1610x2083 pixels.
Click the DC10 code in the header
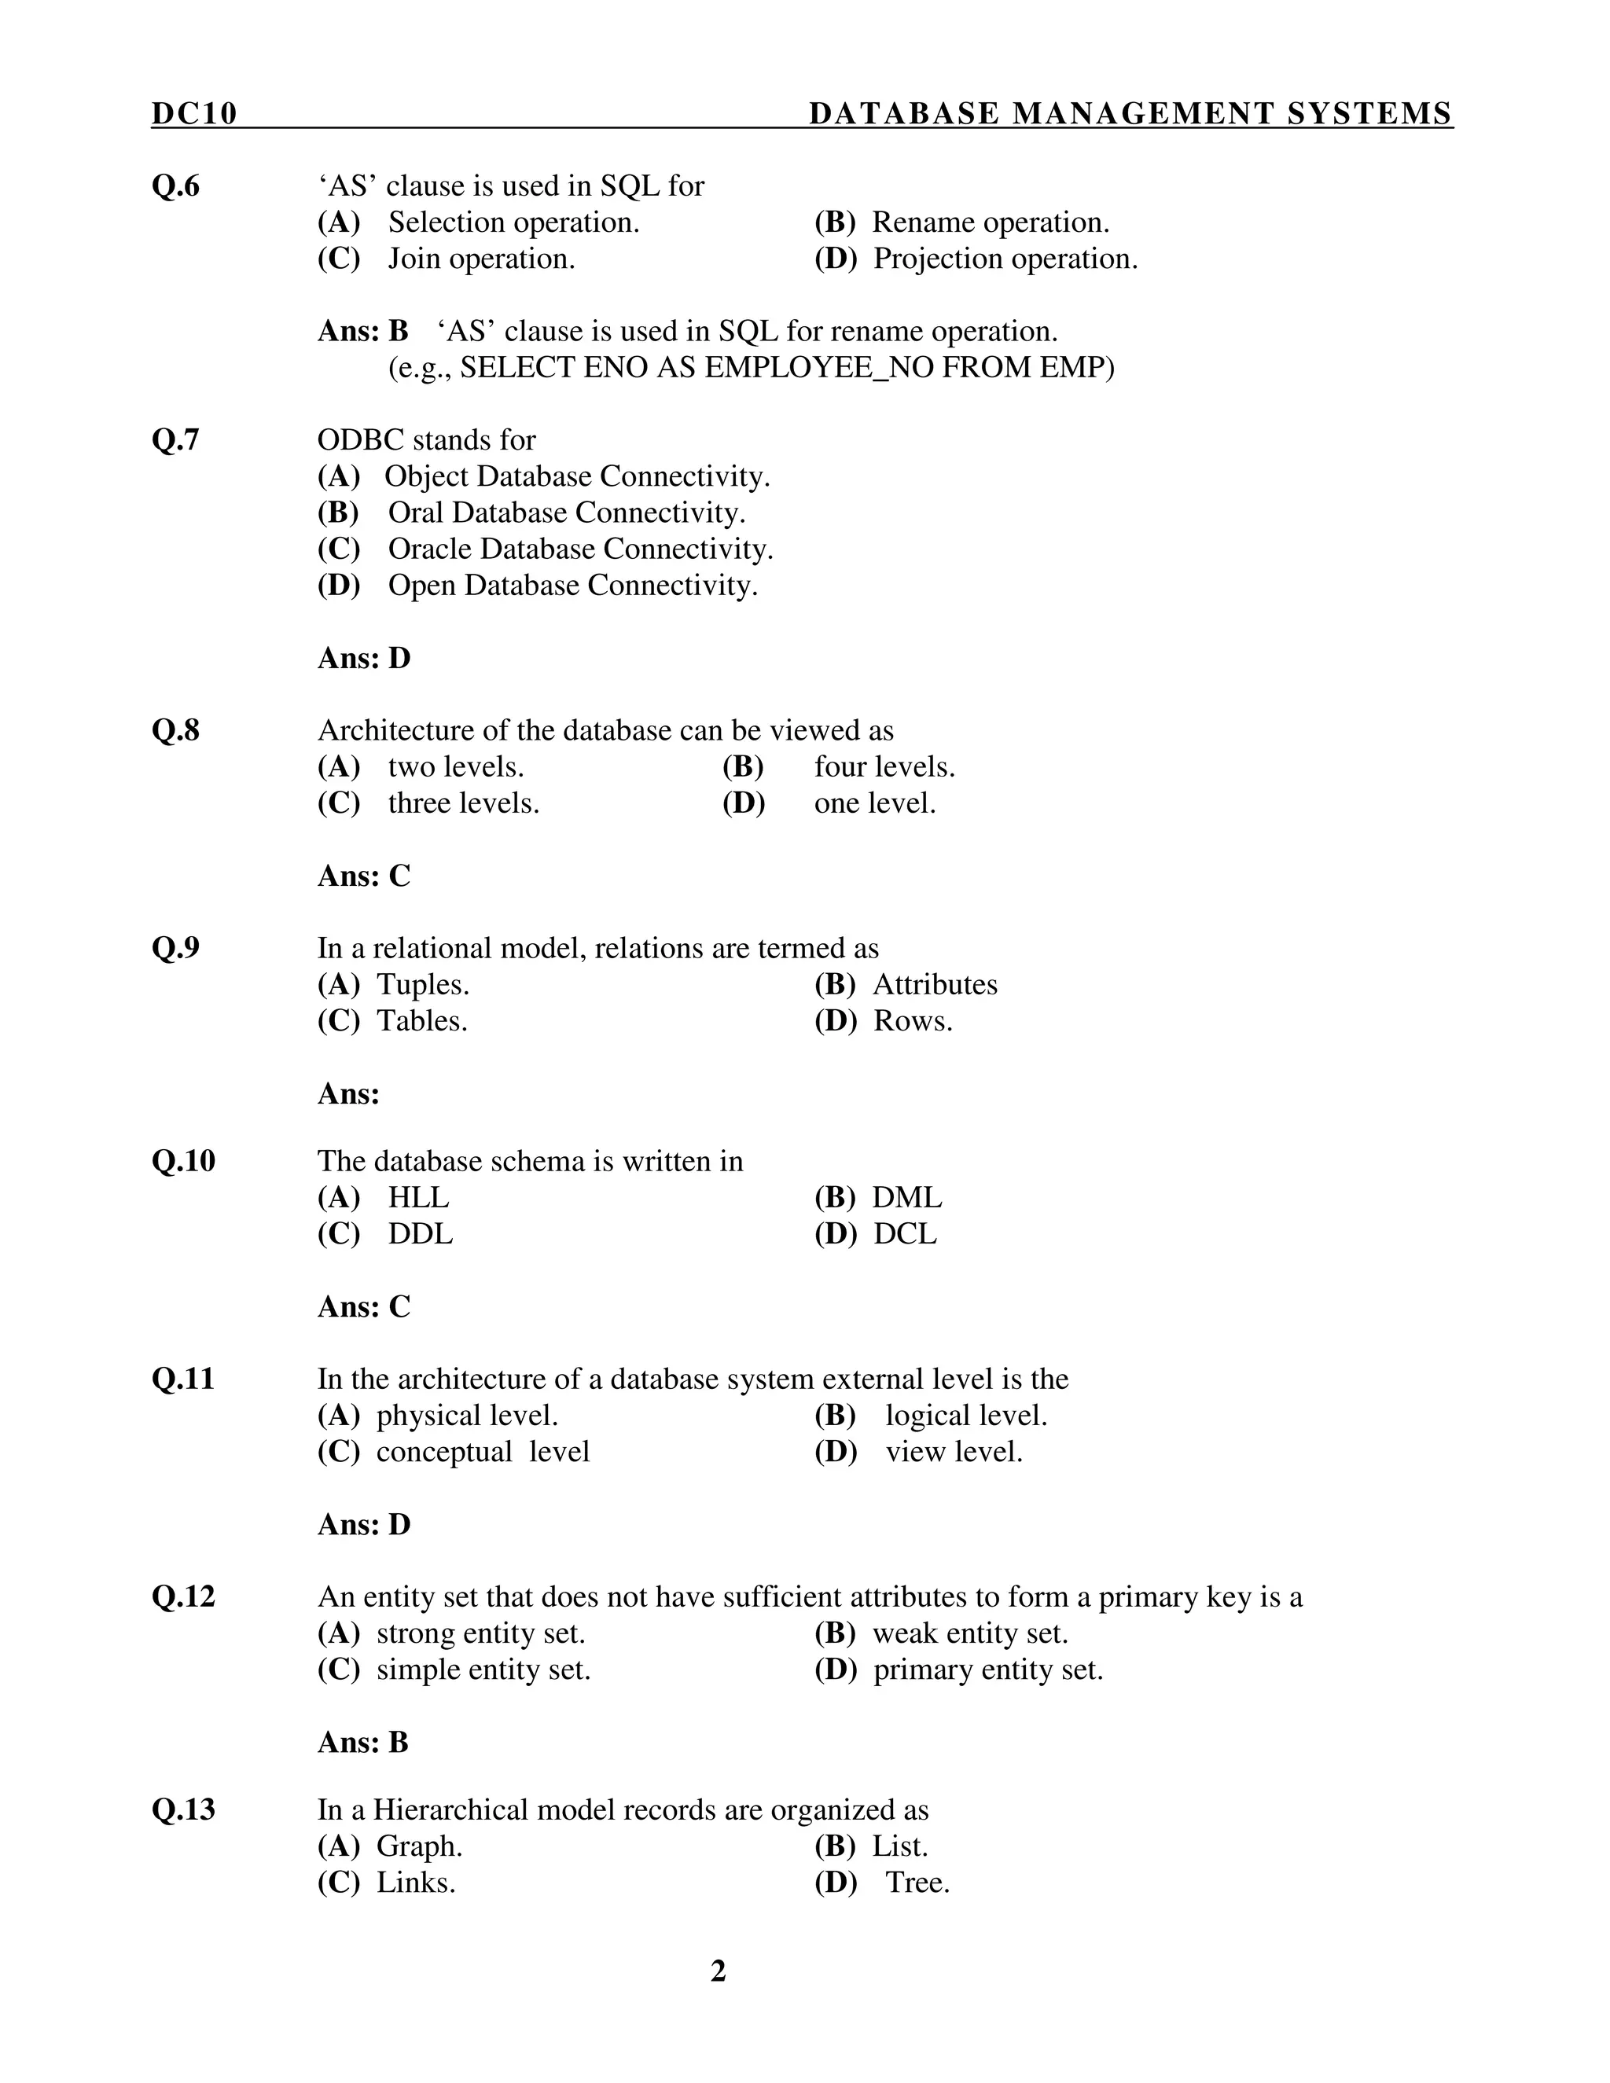point(193,113)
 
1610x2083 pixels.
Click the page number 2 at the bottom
point(719,1971)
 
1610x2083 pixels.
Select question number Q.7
point(175,439)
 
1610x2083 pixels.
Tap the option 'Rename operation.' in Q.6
point(990,222)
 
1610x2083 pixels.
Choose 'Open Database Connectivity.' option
point(572,585)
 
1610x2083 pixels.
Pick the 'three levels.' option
point(464,803)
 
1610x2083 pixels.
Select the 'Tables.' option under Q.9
point(421,1020)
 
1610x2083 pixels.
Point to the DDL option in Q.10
point(420,1233)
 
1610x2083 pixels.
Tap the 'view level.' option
point(954,1452)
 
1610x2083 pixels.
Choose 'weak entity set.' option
point(970,1633)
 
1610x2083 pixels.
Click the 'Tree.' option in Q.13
point(917,1882)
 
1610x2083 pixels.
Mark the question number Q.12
point(183,1596)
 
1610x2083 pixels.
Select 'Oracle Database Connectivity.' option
point(580,549)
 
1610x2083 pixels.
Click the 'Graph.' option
point(420,1846)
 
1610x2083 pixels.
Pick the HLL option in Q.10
point(417,1197)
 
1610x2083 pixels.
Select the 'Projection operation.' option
point(1005,259)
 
